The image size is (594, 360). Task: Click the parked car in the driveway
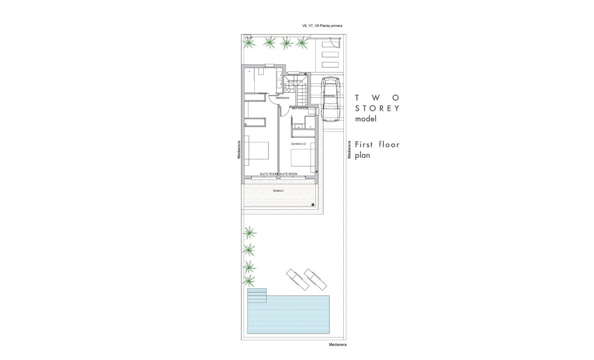[330, 99]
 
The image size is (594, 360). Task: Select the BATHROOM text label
[300, 108]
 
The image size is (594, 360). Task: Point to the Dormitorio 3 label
[298, 144]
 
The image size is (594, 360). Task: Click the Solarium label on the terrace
[278, 191]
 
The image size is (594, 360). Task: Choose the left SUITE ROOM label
[269, 174]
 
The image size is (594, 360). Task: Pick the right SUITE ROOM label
[288, 174]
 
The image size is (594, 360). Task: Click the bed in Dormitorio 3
[302, 159]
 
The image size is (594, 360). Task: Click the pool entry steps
[257, 296]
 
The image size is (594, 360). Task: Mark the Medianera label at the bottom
[337, 345]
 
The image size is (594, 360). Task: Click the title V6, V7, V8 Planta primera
[322, 26]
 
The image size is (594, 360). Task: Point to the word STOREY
[377, 108]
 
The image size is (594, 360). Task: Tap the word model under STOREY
[365, 119]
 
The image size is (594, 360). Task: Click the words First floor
[377, 145]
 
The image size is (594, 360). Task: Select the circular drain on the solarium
[313, 205]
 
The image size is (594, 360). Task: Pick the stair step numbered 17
[286, 90]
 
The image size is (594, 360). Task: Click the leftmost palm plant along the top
[248, 43]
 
